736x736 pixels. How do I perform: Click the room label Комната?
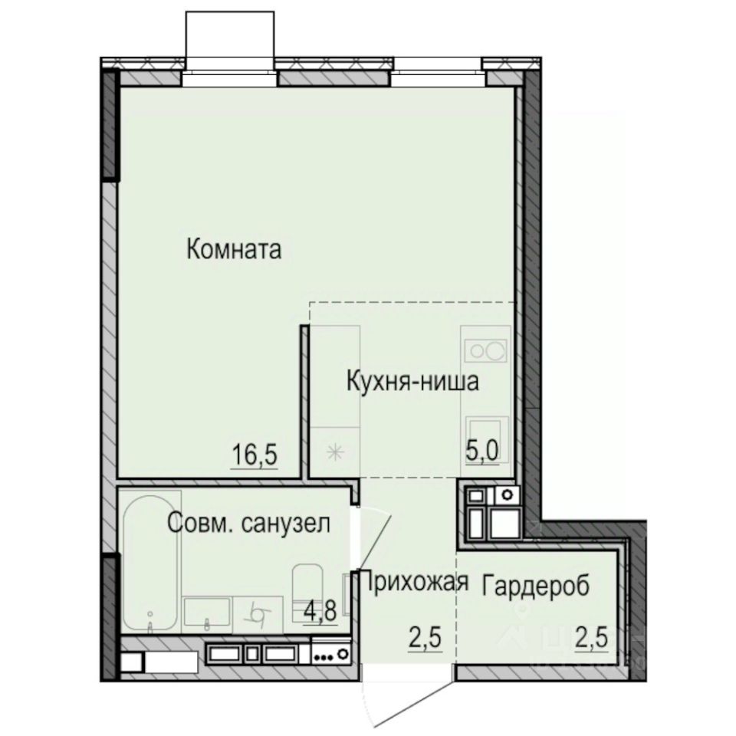click(x=235, y=249)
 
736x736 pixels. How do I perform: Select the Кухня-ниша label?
click(x=413, y=381)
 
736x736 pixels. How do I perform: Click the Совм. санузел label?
click(x=249, y=525)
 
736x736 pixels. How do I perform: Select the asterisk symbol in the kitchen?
click(x=334, y=452)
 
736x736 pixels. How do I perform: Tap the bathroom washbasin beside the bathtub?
click(x=206, y=613)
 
